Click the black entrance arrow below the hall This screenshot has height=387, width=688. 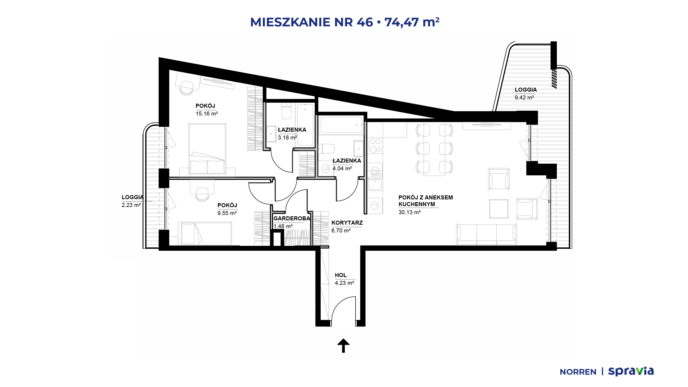click(x=343, y=345)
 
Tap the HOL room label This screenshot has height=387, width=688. click(x=341, y=275)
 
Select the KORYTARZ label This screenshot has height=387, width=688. click(x=347, y=223)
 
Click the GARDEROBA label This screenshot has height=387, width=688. click(x=292, y=218)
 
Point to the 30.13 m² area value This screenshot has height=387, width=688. click(x=410, y=212)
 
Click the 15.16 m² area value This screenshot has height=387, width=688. click(x=207, y=114)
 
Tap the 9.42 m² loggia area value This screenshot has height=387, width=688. click(x=524, y=98)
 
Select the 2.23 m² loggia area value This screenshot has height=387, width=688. click(x=131, y=205)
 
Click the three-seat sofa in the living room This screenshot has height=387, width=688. click(x=486, y=235)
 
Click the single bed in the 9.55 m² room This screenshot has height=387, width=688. click(x=205, y=234)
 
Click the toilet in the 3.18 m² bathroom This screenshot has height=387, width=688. click(x=286, y=112)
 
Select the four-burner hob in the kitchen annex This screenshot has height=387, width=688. click(x=375, y=145)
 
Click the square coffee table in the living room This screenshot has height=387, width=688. click(x=499, y=209)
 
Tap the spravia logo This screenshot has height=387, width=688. click(x=631, y=371)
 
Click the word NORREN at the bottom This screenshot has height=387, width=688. click(x=578, y=372)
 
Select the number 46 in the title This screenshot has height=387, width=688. click(x=365, y=22)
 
